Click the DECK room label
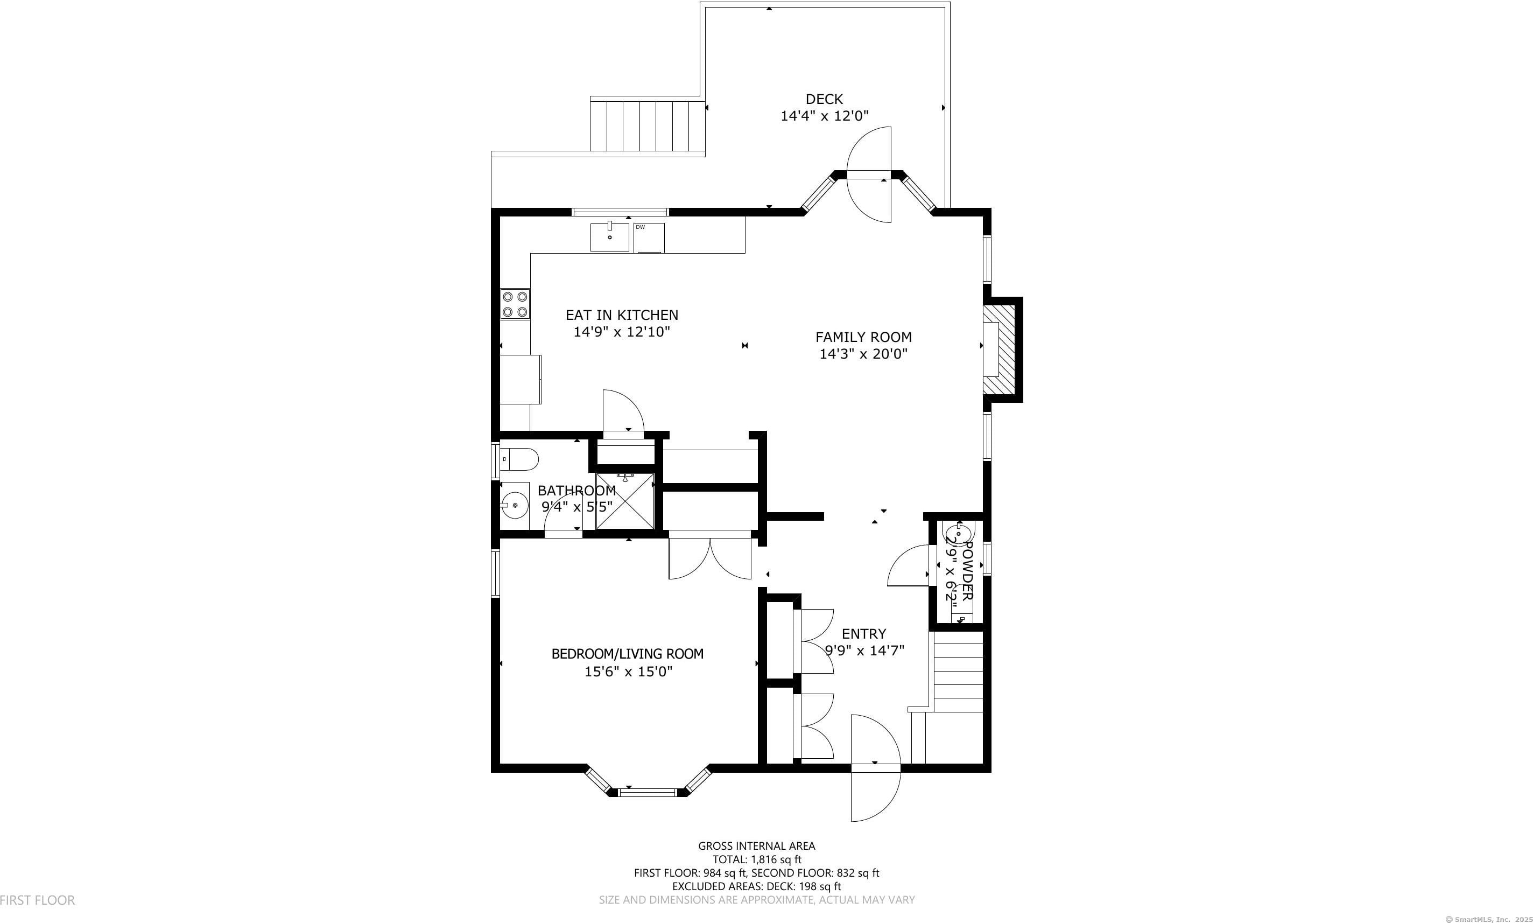pyautogui.click(x=824, y=99)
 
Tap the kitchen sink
pyautogui.click(x=609, y=237)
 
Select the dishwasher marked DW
pyautogui.click(x=649, y=238)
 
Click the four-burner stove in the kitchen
pyautogui.click(x=515, y=305)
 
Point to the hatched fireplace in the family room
pyautogui.click(x=1001, y=349)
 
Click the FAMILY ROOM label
pyautogui.click(x=863, y=337)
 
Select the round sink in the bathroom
pyautogui.click(x=514, y=505)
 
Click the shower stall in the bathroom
pyautogui.click(x=625, y=501)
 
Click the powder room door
pyautogui.click(x=909, y=565)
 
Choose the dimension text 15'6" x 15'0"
pyautogui.click(x=628, y=672)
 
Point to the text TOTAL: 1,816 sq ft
pyautogui.click(x=757, y=859)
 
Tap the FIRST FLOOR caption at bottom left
pyautogui.click(x=37, y=900)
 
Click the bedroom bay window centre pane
pyautogui.click(x=647, y=792)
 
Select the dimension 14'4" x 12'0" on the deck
pyautogui.click(x=824, y=116)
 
